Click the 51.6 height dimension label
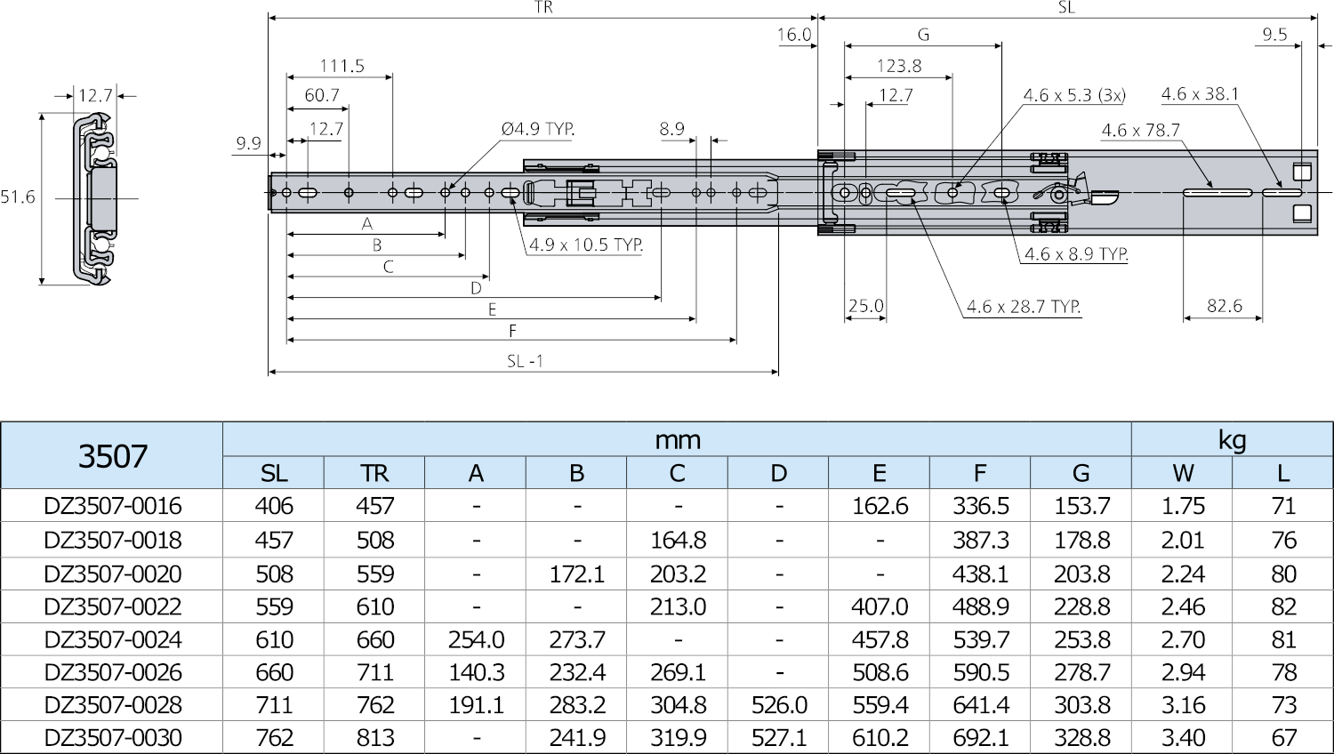(x=18, y=197)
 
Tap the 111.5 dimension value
(x=342, y=66)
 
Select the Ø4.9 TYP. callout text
(x=538, y=129)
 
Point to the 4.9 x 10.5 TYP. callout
(x=586, y=245)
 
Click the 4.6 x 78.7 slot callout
(x=1140, y=130)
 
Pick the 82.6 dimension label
(x=1224, y=306)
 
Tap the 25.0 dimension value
(x=865, y=306)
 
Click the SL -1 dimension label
(x=525, y=361)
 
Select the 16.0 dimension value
(x=793, y=35)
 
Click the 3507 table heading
(x=112, y=455)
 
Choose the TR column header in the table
(x=374, y=473)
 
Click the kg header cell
(x=1232, y=439)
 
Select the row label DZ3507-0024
(x=112, y=639)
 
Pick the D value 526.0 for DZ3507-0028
(x=778, y=705)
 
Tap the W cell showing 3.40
(x=1183, y=738)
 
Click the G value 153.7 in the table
(x=1081, y=506)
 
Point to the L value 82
(x=1283, y=606)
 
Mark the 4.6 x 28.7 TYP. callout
(x=1024, y=307)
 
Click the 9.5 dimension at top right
(x=1274, y=35)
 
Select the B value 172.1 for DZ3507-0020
(x=576, y=574)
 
